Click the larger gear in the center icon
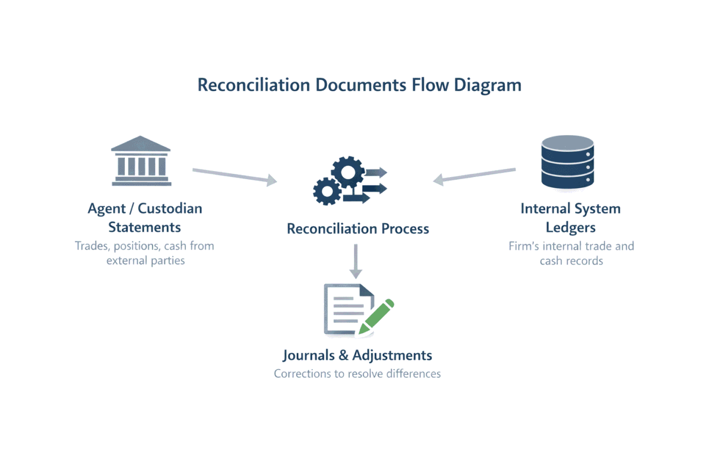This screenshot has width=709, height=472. click(x=347, y=172)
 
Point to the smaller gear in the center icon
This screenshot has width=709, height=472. click(x=327, y=191)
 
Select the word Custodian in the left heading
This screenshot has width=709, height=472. click(x=170, y=209)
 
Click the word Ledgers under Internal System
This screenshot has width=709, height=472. click(x=571, y=227)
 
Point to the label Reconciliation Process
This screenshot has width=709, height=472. click(x=358, y=229)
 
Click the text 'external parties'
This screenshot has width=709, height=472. click(x=146, y=260)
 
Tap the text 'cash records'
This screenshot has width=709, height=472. click(x=571, y=260)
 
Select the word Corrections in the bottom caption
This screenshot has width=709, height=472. click(x=302, y=374)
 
